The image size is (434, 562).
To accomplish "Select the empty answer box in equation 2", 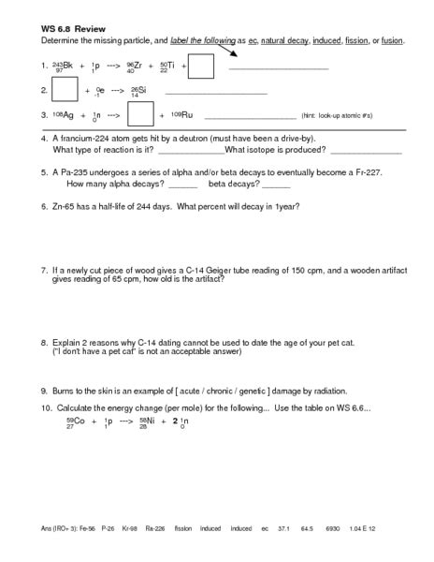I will (x=64, y=90).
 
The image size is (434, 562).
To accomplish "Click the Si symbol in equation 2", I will (x=140, y=90).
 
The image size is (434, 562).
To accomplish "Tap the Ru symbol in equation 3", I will (x=186, y=114).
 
